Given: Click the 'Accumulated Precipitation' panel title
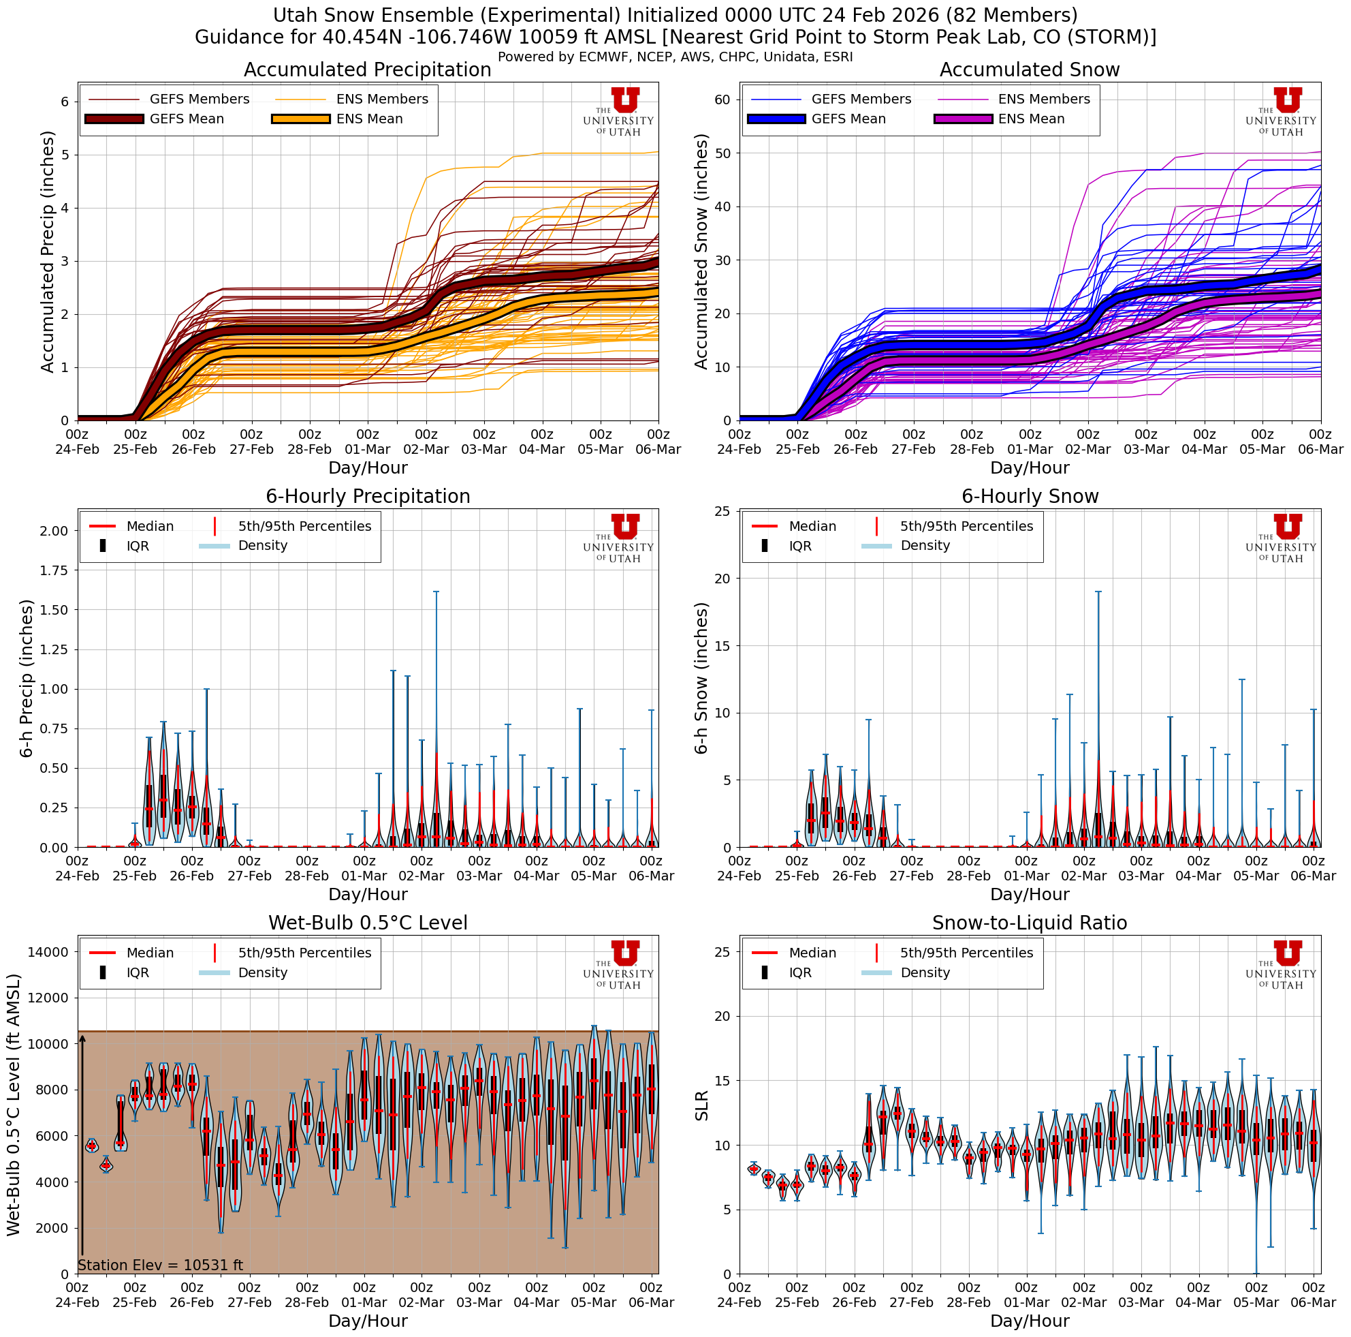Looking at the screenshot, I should coord(367,70).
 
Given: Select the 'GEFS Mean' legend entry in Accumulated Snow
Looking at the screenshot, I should coord(848,119).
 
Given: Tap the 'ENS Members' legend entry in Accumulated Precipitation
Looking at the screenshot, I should coord(382,99).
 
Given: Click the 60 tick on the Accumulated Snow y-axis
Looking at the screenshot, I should coord(722,99).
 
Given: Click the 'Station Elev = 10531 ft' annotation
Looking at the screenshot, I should coord(160,1265).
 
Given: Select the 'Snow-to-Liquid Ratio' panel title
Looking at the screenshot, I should coord(1030,923).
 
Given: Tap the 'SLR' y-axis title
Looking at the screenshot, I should coord(702,1105).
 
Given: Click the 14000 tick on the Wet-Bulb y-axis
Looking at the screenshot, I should coord(48,951).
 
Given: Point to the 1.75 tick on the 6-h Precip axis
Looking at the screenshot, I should coord(54,570).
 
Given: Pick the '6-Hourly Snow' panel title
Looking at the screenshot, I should coord(1030,496).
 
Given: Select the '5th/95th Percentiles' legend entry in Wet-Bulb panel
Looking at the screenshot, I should coord(304,953).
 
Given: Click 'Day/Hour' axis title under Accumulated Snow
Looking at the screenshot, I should coord(1030,467).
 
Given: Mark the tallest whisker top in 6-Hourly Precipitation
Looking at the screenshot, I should coord(436,592).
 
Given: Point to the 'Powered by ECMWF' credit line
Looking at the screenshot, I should coord(675,57).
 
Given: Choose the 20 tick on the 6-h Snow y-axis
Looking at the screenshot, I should coord(722,579).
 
